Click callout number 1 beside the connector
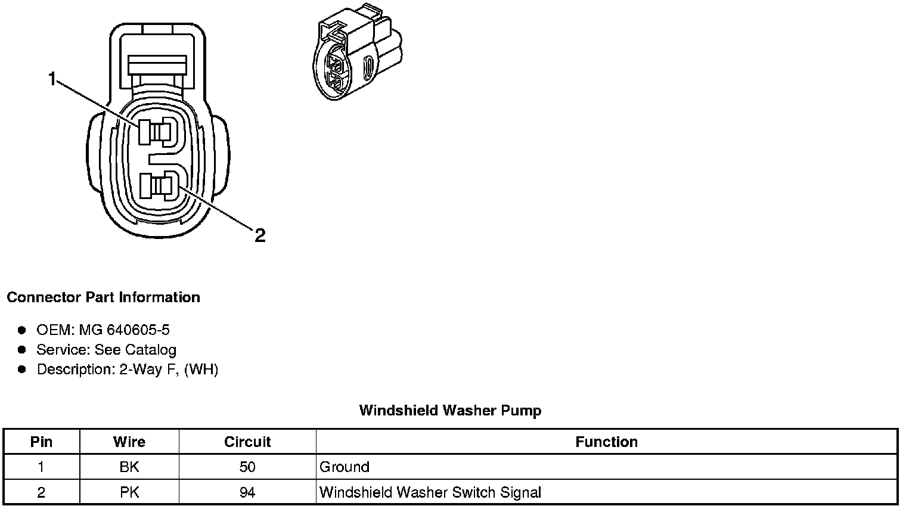tap(52, 79)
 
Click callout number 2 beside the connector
tap(260, 235)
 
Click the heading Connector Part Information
tap(103, 297)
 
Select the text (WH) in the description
tap(201, 370)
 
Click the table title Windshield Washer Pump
tap(450, 411)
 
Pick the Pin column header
tap(41, 442)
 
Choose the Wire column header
tap(129, 442)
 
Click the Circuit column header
tap(247, 442)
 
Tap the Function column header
tap(606, 442)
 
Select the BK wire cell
tap(129, 467)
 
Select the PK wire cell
tap(129, 493)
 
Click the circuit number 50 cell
tap(247, 467)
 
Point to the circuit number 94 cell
tap(247, 493)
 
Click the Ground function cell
tap(345, 467)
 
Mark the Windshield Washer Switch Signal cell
tap(430, 493)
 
